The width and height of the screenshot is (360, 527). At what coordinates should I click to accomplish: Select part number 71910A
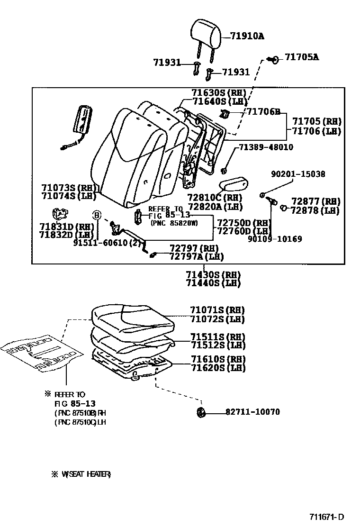pos(247,36)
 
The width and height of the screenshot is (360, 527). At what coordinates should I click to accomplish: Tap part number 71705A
pos(302,57)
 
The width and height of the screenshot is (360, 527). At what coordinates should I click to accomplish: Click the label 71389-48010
pos(266,147)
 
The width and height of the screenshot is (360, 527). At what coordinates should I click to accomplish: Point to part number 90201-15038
pos(298,174)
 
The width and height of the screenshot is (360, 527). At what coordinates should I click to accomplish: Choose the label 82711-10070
pos(252,412)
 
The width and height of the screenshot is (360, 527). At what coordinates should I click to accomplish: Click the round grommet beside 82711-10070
pos(201,412)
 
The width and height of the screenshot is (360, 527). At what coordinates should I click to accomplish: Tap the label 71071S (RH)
pos(217,310)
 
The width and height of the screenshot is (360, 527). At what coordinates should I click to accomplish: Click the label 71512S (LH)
pos(217,345)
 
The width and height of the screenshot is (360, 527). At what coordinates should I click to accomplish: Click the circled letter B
pos(97,215)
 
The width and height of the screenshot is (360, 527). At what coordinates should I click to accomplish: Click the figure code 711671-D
pos(327,517)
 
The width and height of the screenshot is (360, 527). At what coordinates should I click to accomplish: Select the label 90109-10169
pos(275,239)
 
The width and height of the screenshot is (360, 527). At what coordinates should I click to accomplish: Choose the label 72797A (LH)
pos(197,256)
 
